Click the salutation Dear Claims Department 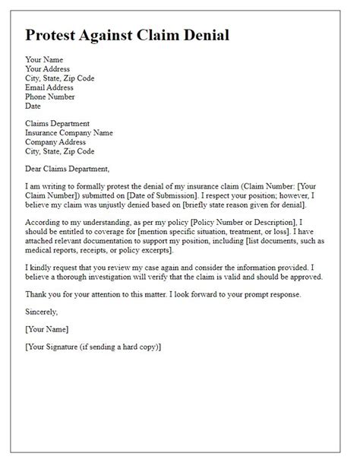pos(68,169)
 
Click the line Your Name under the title pos(44,59)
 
